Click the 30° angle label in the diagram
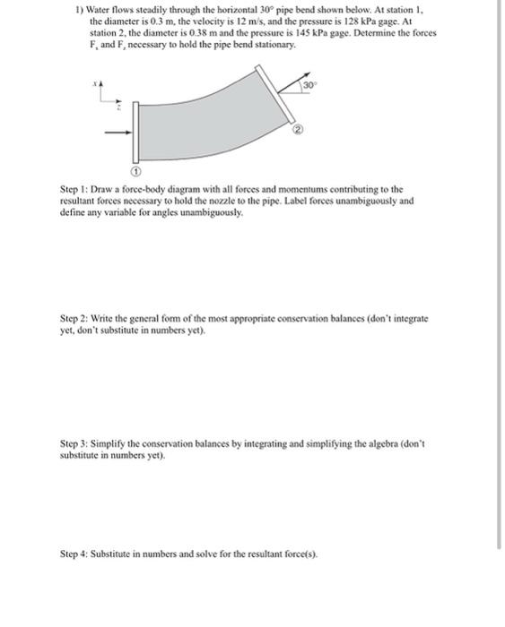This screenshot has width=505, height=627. point(309,84)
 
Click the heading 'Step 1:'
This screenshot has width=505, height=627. point(74,190)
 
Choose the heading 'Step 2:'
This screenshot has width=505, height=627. point(74,318)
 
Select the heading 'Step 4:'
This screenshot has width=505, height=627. point(74,554)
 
